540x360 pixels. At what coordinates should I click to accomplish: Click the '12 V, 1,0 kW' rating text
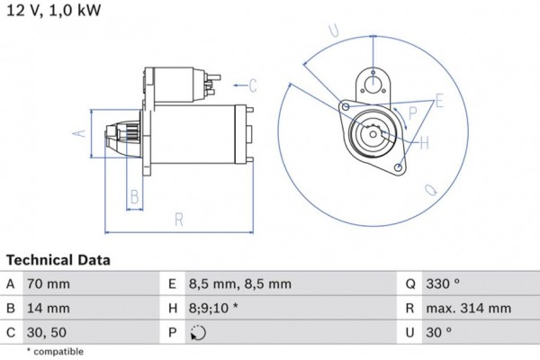[53, 10]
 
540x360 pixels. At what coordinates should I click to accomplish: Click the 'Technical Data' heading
[58, 260]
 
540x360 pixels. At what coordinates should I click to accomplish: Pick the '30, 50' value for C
[47, 332]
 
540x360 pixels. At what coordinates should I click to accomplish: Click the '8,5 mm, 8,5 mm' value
[239, 283]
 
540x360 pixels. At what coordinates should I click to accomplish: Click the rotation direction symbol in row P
[197, 332]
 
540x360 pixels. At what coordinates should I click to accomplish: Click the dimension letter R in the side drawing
[178, 219]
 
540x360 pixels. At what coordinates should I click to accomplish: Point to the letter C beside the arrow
[253, 85]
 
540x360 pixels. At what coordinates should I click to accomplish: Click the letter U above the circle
[334, 31]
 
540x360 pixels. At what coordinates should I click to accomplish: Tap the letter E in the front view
[439, 101]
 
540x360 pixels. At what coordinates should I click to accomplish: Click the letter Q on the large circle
[431, 190]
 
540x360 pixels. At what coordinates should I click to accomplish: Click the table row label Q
[409, 283]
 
